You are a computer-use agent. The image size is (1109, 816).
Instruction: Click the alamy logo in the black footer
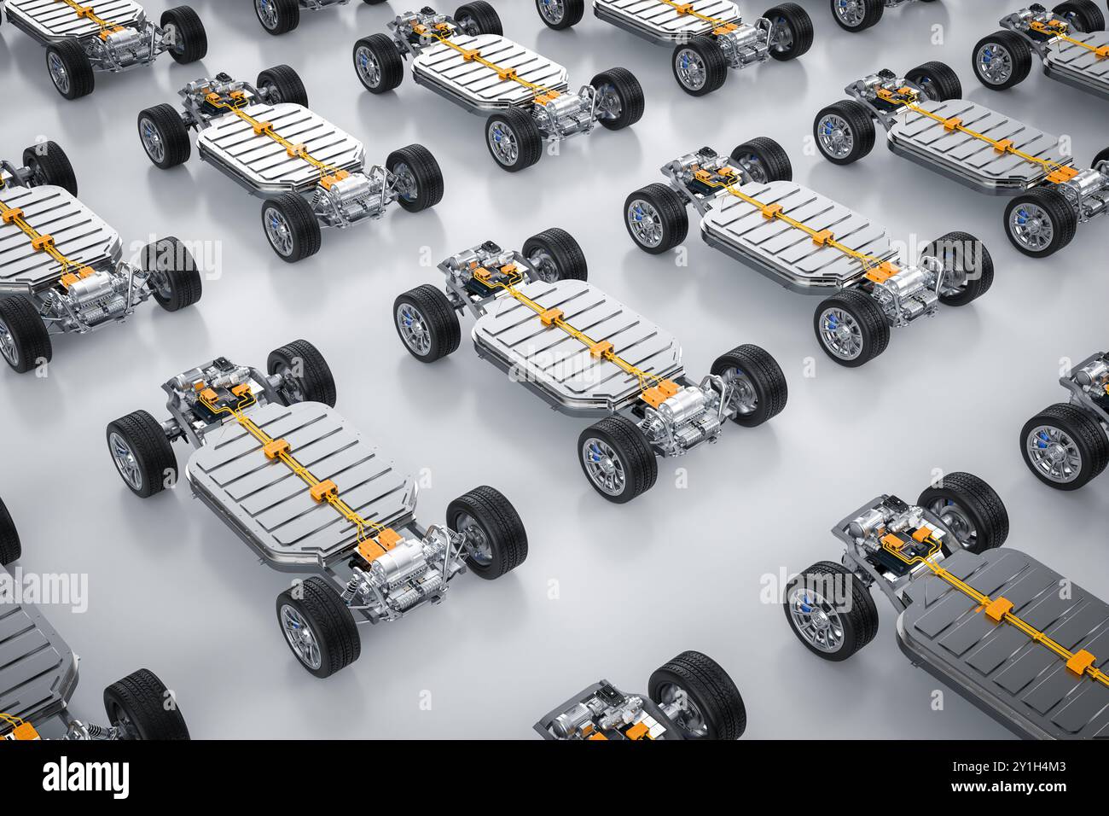[85, 778]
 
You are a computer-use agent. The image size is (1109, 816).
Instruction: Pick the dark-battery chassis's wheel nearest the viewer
[829, 610]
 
